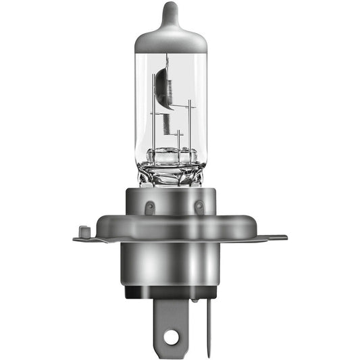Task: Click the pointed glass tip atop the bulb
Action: [170, 10]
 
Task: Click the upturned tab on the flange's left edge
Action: [82, 231]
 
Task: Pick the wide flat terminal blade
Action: [170, 321]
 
